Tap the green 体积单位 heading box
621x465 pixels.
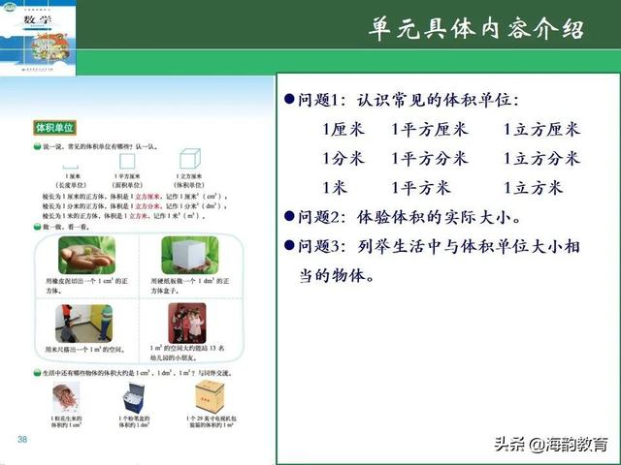(55, 127)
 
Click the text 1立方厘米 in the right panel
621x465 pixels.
(540, 129)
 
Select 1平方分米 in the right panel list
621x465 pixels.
(430, 158)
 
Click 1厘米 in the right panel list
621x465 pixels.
(343, 129)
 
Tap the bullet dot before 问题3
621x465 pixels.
(287, 246)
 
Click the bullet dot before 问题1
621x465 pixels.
(287, 100)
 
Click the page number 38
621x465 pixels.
(22, 441)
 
